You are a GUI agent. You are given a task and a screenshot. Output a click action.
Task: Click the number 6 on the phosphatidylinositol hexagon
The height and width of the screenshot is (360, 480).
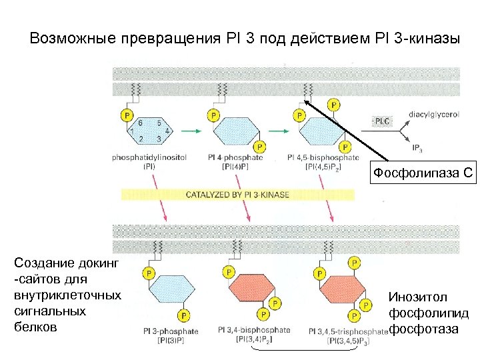(x=140, y=123)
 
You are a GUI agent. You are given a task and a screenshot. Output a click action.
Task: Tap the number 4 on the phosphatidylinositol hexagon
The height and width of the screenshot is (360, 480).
(x=167, y=131)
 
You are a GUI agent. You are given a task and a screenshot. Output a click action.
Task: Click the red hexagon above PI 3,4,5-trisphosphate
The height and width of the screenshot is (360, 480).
(x=341, y=291)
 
